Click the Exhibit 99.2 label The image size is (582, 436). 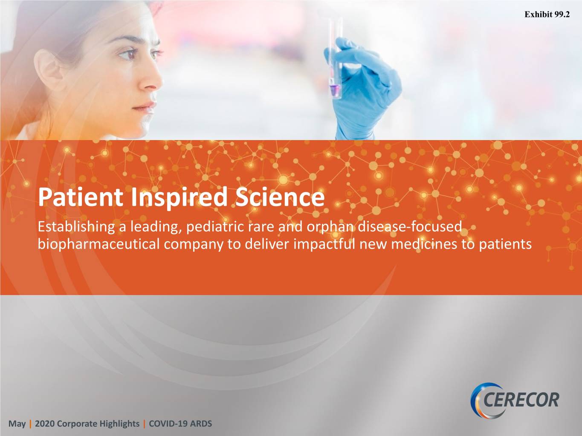(x=547, y=14)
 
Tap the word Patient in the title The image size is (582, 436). (x=81, y=197)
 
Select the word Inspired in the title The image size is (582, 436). (x=179, y=198)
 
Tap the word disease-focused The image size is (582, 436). (x=410, y=227)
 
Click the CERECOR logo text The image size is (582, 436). (x=521, y=400)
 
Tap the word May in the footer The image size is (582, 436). (x=17, y=424)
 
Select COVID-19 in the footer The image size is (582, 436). (x=168, y=424)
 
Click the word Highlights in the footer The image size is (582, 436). (x=119, y=424)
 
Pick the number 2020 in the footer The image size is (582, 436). (x=44, y=424)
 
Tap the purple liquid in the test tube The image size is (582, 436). (x=335, y=89)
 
